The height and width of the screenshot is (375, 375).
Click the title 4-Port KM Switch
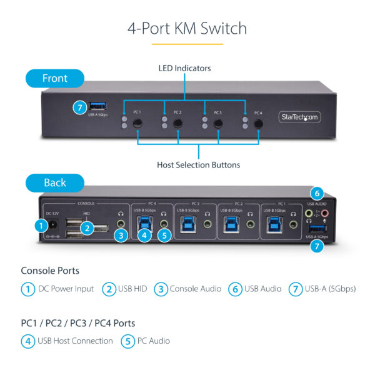[x=187, y=28]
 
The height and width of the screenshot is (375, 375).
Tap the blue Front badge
[x=54, y=79]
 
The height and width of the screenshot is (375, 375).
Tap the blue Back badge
[x=54, y=182]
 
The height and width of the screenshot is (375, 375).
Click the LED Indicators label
[x=184, y=67]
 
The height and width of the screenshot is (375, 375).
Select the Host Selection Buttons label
[x=198, y=165]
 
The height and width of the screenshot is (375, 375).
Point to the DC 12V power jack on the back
[x=55, y=226]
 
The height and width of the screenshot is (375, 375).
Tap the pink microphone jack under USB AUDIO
[x=324, y=214]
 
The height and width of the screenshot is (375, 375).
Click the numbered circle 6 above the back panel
[x=317, y=194]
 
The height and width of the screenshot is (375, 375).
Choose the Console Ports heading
[x=50, y=271]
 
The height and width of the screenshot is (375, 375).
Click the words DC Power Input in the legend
[x=66, y=289]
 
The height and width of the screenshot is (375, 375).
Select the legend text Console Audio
[x=195, y=289]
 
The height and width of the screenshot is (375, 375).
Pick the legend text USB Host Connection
[x=75, y=341]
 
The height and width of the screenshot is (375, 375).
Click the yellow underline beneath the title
[x=187, y=44]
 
